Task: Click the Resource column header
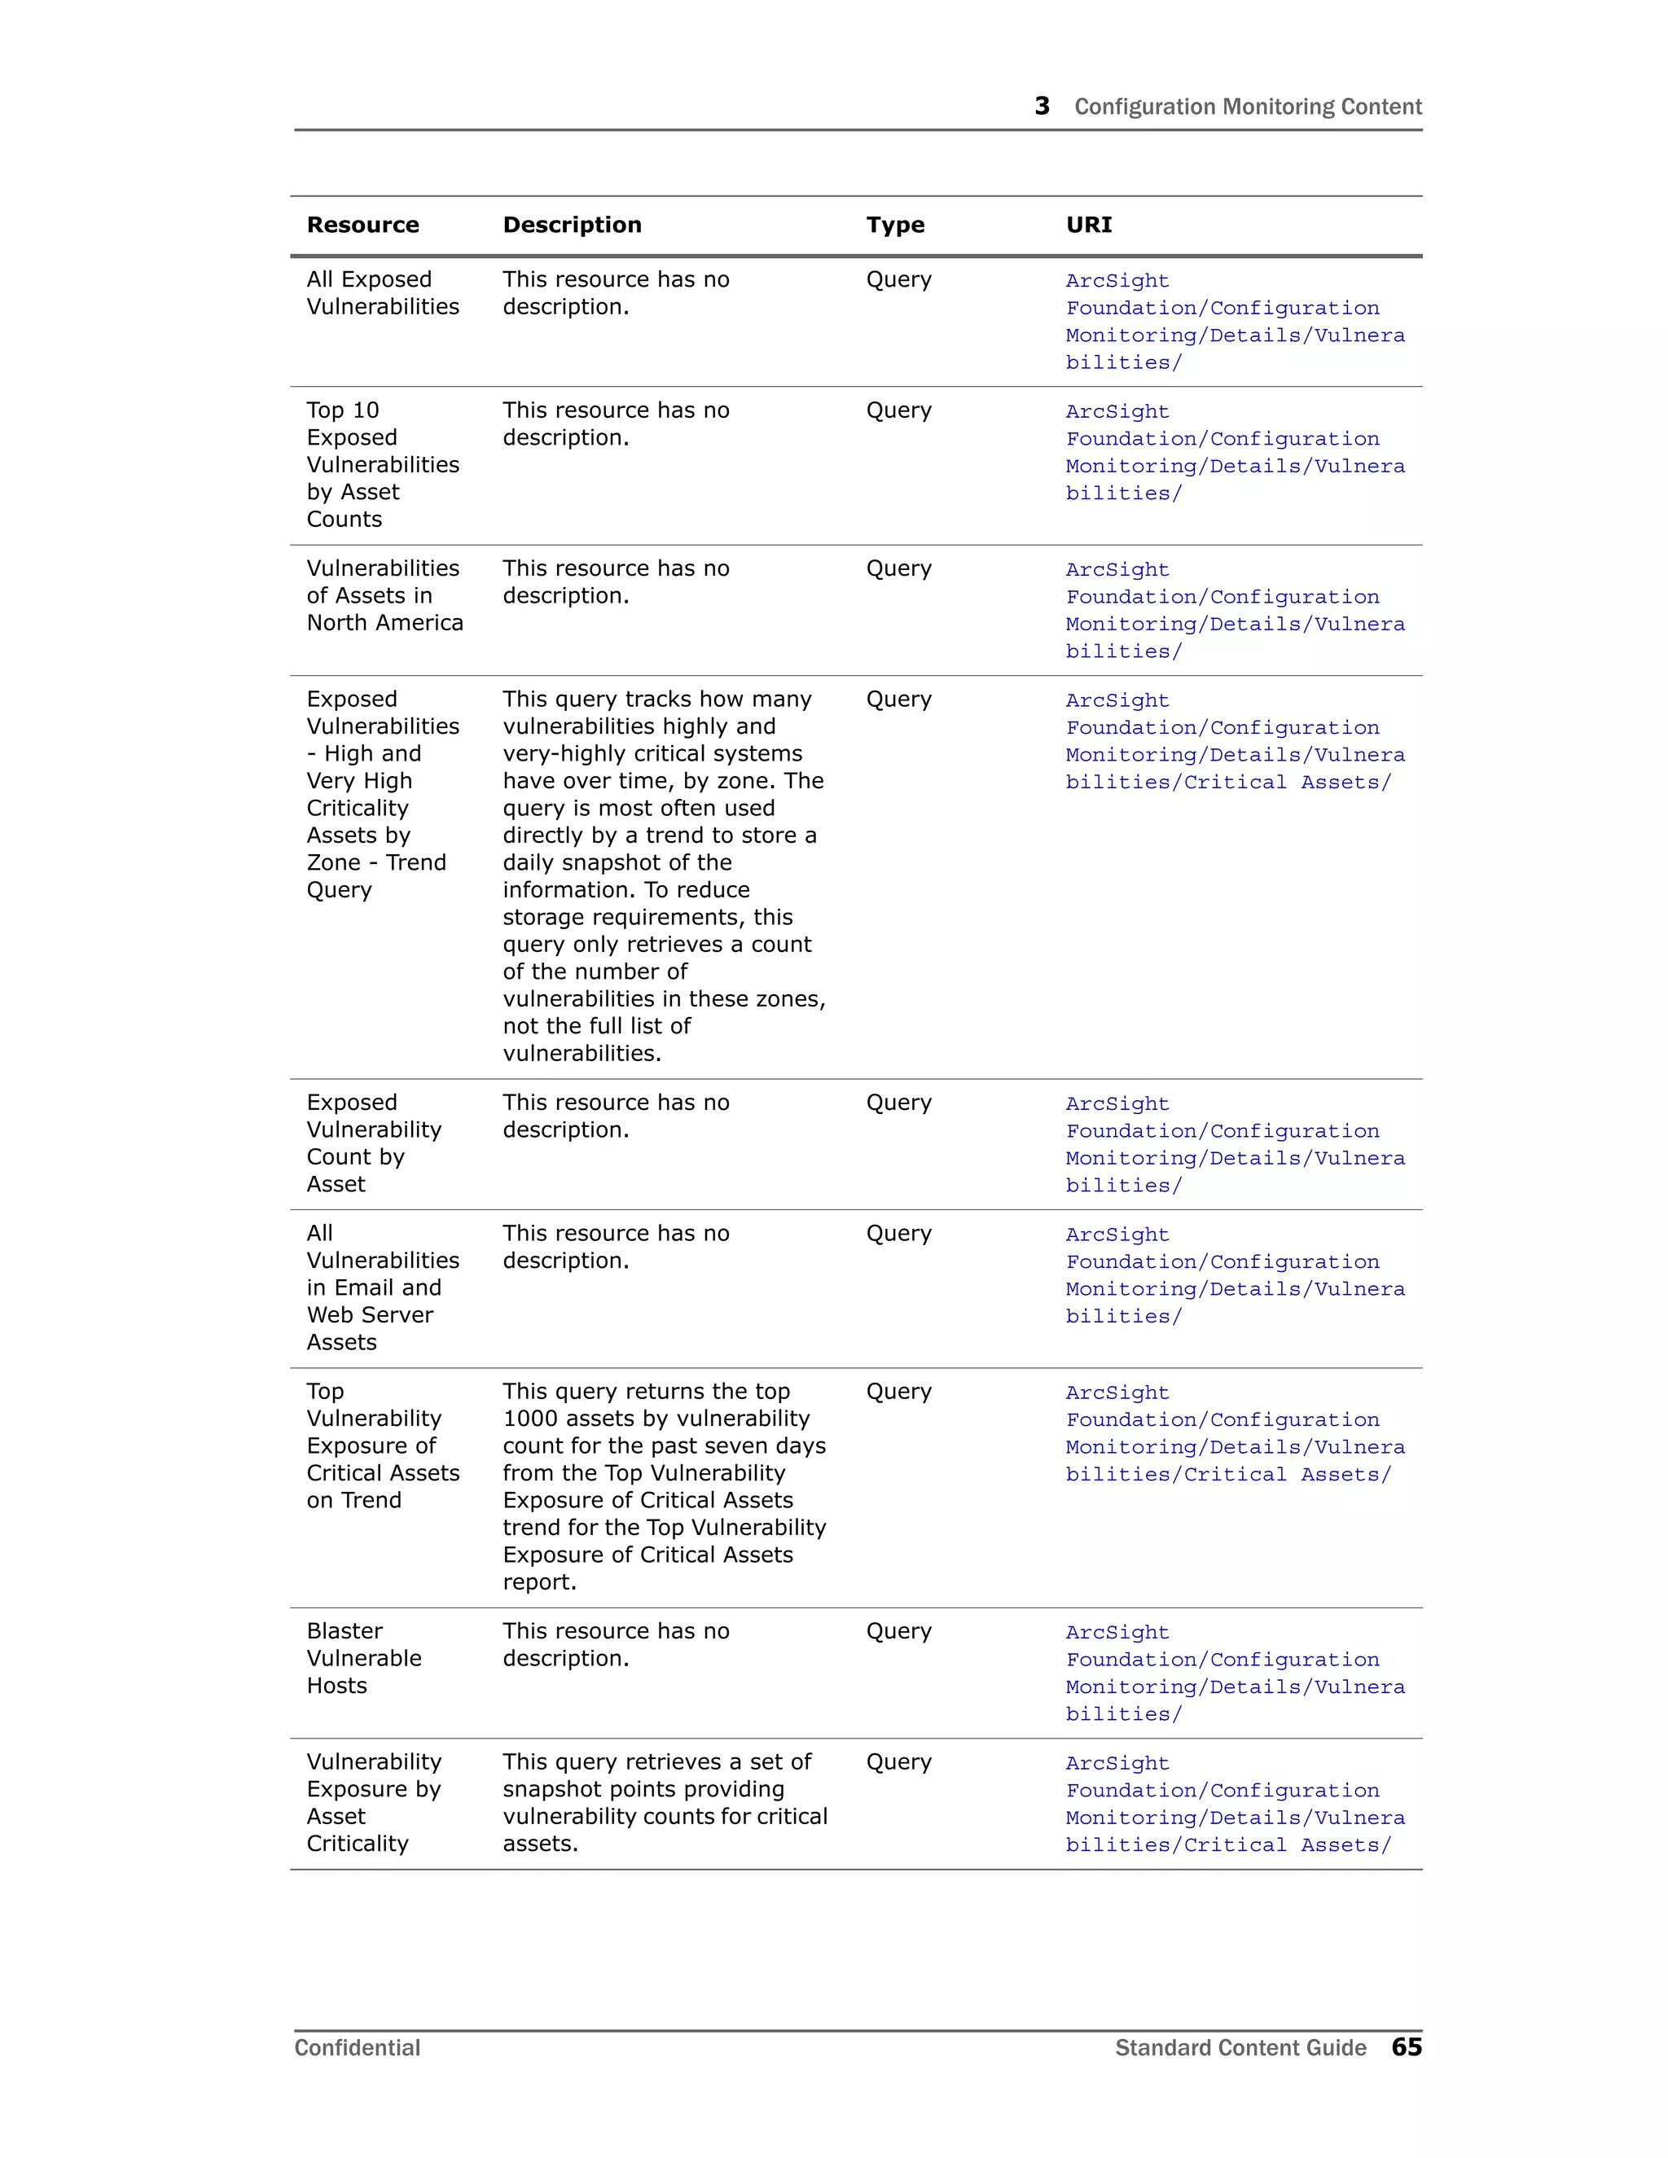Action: (362, 226)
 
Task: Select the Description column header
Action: (572, 226)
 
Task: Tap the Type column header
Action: (895, 226)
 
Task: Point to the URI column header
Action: (1089, 226)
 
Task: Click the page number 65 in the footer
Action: (1406, 2046)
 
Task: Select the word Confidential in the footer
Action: (357, 2047)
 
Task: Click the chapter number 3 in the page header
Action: (1042, 106)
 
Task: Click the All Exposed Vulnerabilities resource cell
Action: (383, 292)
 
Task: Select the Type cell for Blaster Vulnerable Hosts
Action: (898, 1631)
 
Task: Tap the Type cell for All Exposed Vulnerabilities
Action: (898, 279)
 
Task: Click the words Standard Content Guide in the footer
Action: (1240, 2047)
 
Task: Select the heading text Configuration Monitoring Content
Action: (1247, 107)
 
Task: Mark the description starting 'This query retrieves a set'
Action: (664, 1802)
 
